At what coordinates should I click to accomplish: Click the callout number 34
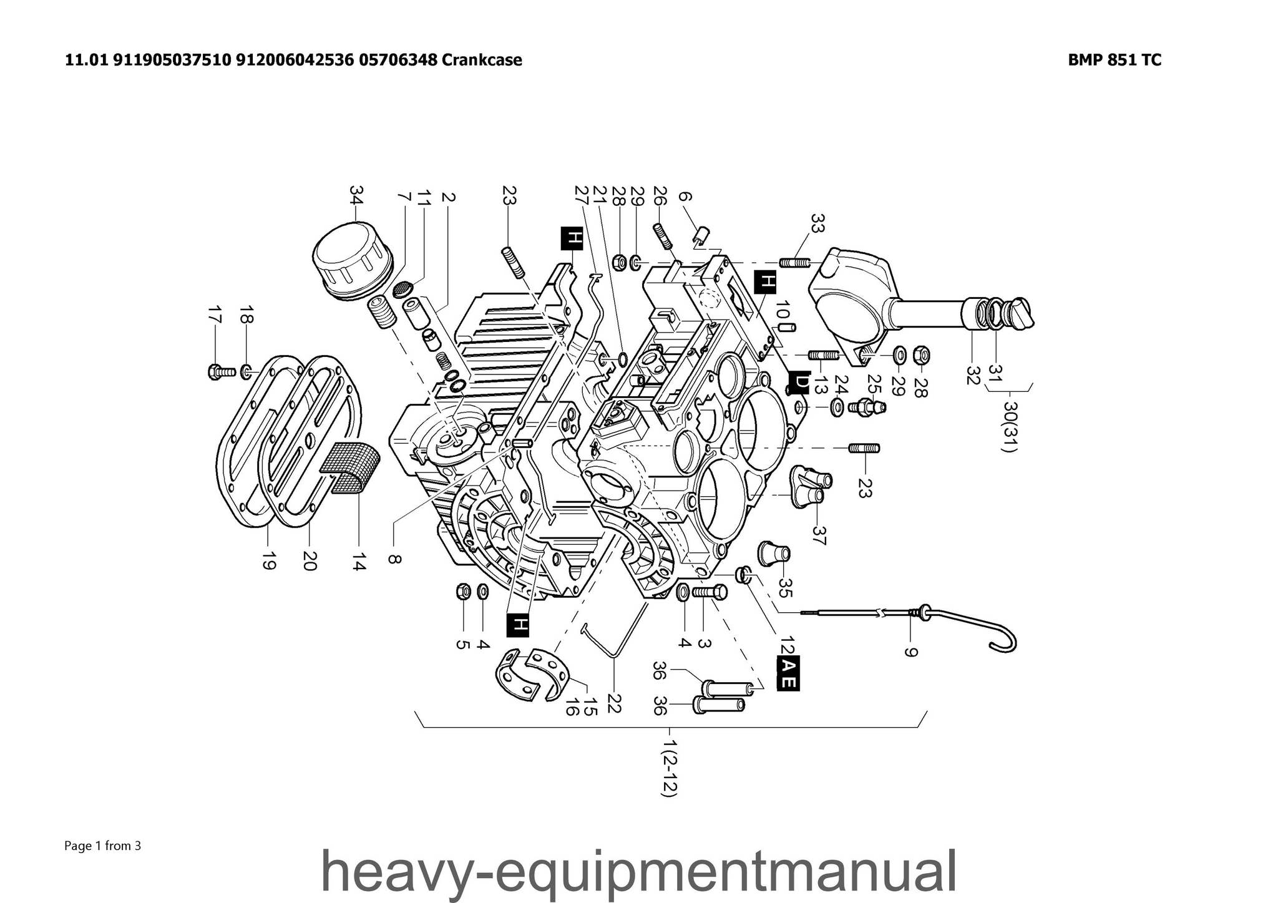click(356, 195)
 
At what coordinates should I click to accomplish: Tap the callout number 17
click(215, 315)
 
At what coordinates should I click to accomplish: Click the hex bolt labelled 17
click(219, 372)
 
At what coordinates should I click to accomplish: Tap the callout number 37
click(819, 535)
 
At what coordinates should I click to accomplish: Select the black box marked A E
click(788, 673)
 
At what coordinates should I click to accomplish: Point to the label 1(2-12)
click(670, 768)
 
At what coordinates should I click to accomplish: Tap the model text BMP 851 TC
click(1115, 60)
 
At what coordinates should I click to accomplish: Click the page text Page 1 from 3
click(103, 846)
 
